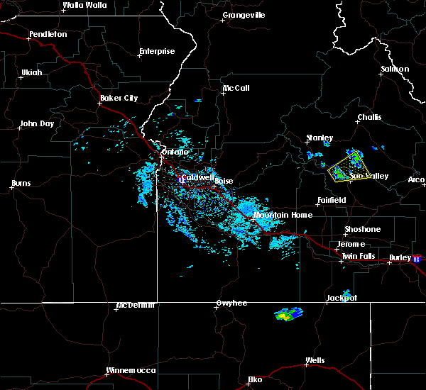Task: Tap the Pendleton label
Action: coord(48,34)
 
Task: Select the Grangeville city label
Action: coord(244,15)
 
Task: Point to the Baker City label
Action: coord(119,98)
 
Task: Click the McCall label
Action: coord(236,89)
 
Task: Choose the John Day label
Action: coord(38,123)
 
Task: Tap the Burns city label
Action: coord(21,184)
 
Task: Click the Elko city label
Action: coord(254,379)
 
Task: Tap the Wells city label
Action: coord(315,361)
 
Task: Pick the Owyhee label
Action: coord(231,303)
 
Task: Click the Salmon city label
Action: coord(395,69)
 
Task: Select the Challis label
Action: coord(369,118)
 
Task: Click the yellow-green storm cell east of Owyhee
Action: coord(288,313)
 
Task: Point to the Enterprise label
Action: coord(156,51)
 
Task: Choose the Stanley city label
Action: coord(319,138)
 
